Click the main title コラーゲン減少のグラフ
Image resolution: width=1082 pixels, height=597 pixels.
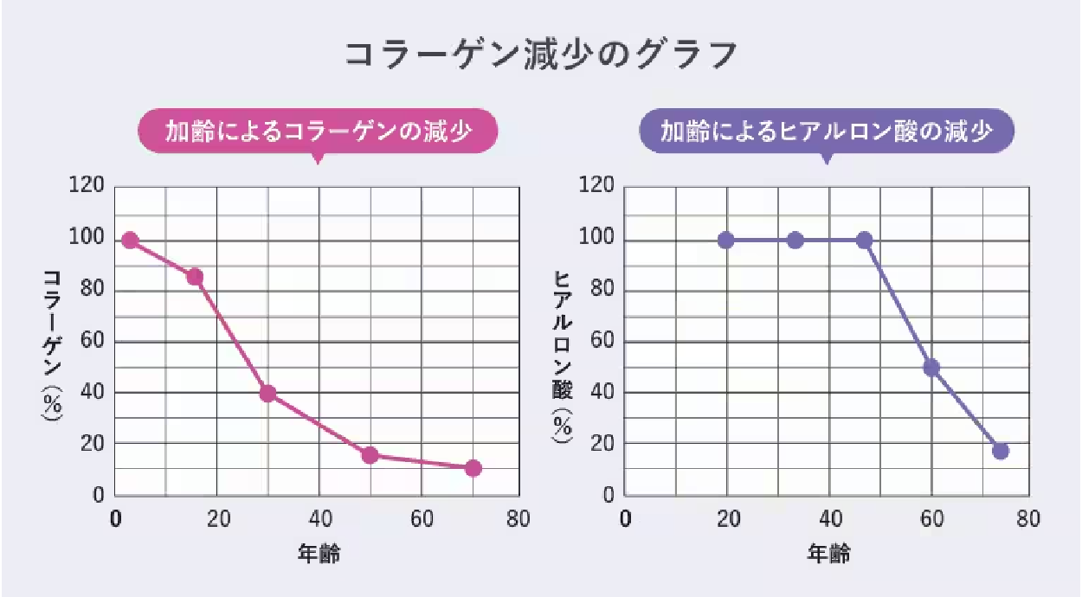pos(541,54)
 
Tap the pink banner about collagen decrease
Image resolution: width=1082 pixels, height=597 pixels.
pos(318,132)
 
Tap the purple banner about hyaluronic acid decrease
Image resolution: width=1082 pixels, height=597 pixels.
pos(826,132)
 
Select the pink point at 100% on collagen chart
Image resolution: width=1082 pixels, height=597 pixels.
pos(131,241)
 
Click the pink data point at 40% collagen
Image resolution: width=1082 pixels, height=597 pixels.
pos(267,394)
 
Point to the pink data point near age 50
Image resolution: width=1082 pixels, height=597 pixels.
pos(370,455)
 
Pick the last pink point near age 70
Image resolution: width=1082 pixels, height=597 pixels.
pos(473,468)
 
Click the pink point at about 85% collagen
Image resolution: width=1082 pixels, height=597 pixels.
pos(195,277)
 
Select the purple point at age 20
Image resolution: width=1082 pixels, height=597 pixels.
pos(726,241)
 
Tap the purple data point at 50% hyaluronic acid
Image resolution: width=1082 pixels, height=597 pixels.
pos(931,368)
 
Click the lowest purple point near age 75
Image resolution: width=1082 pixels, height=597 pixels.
pos(1001,451)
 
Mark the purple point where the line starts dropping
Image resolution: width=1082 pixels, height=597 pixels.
pos(864,241)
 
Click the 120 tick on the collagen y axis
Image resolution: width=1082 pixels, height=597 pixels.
pos(91,186)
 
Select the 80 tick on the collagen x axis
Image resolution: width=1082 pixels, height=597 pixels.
pos(518,519)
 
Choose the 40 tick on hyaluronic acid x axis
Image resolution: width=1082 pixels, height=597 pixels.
pos(828,519)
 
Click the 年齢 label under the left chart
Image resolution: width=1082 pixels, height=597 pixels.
pos(319,555)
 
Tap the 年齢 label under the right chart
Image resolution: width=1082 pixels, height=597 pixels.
pos(828,555)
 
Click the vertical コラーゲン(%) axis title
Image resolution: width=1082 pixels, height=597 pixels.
pos(52,346)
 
